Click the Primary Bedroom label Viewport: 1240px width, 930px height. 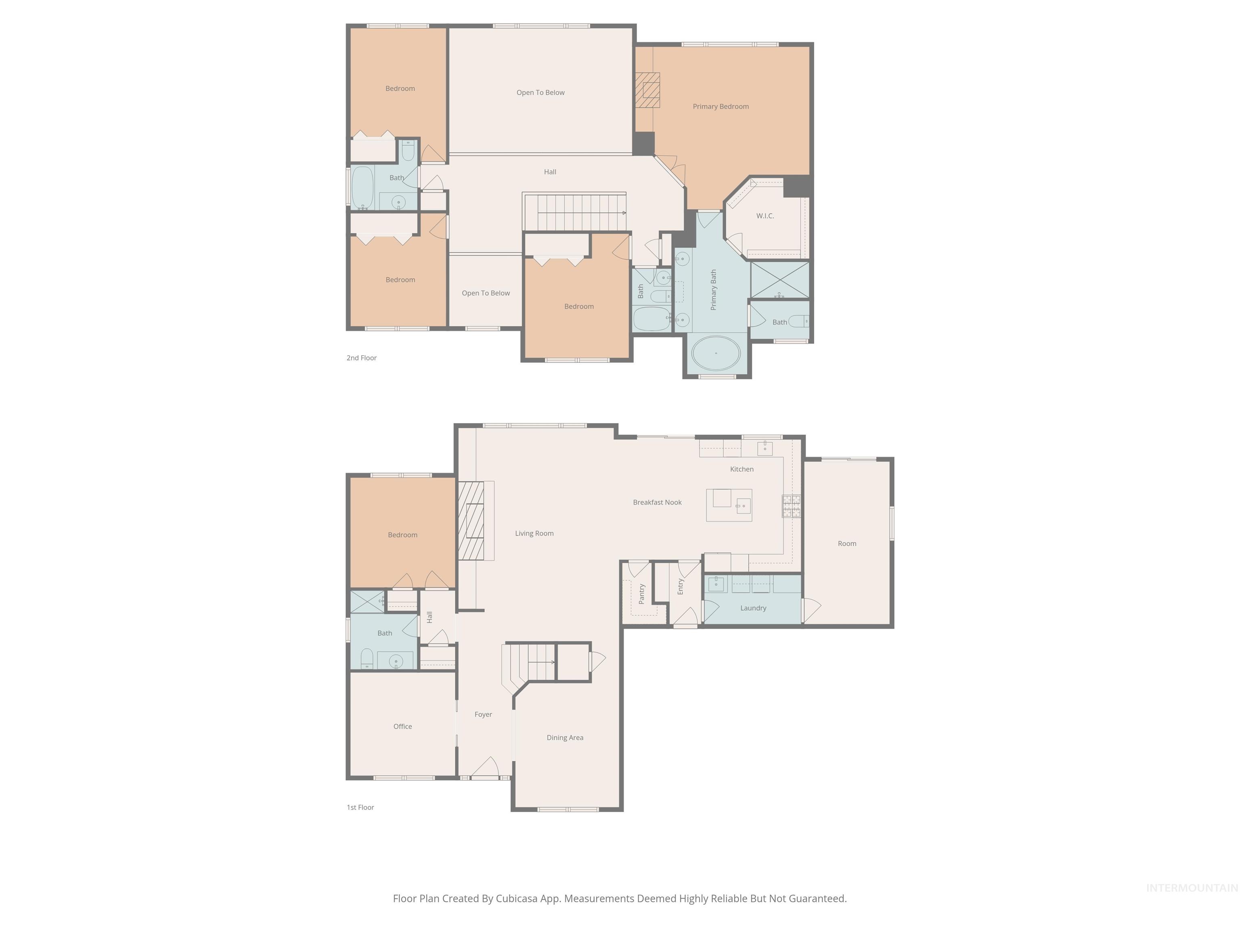pyautogui.click(x=721, y=107)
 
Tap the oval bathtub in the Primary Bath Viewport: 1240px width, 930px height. pyautogui.click(x=716, y=353)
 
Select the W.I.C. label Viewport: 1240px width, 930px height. pyautogui.click(x=765, y=216)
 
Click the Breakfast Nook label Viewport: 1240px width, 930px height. pyautogui.click(x=657, y=502)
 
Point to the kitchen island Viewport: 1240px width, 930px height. pyautogui.click(x=729, y=505)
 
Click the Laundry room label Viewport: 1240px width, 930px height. pyautogui.click(x=753, y=607)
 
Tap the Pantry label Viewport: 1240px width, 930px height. pyautogui.click(x=642, y=594)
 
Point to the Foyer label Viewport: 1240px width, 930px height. pyautogui.click(x=483, y=714)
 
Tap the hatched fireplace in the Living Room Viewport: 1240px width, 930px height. pyautogui.click(x=471, y=521)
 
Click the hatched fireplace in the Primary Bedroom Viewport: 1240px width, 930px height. pyautogui.click(x=647, y=90)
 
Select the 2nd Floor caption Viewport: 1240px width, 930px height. pyautogui.click(x=362, y=358)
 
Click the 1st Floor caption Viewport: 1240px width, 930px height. pyautogui.click(x=360, y=807)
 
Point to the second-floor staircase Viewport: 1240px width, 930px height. pyautogui.click(x=575, y=212)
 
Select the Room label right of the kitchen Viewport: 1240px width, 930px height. pyautogui.click(x=846, y=543)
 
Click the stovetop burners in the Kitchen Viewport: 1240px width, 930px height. pyautogui.click(x=792, y=506)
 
